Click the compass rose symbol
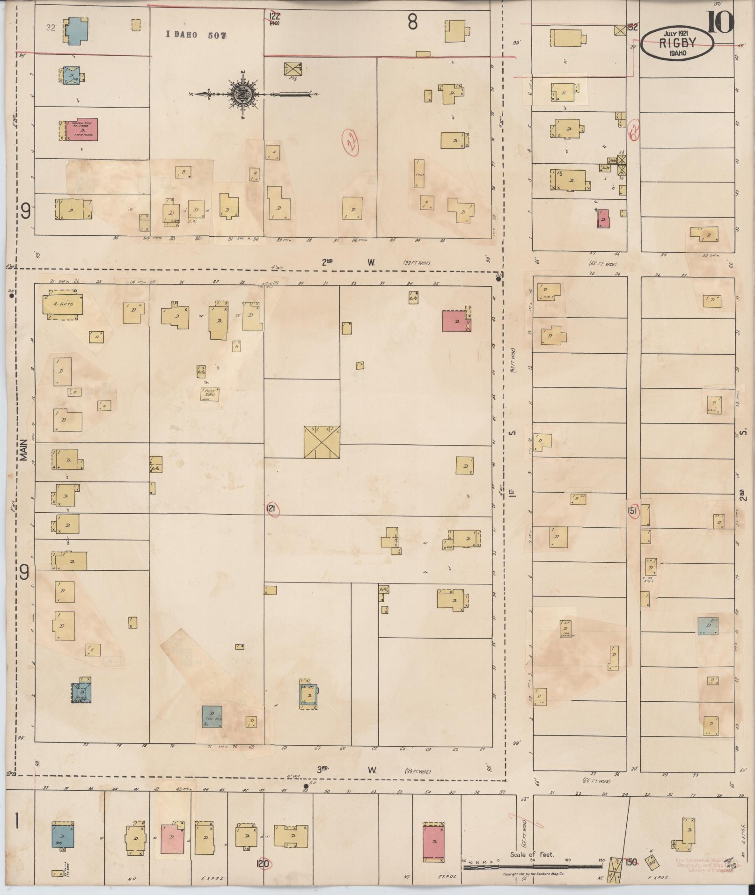coord(243,94)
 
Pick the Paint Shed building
coord(210,394)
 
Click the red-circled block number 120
coord(263,863)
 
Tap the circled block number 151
coord(632,511)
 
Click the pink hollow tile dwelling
coord(81,129)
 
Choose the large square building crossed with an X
coord(322,442)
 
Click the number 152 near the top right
coord(632,28)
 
